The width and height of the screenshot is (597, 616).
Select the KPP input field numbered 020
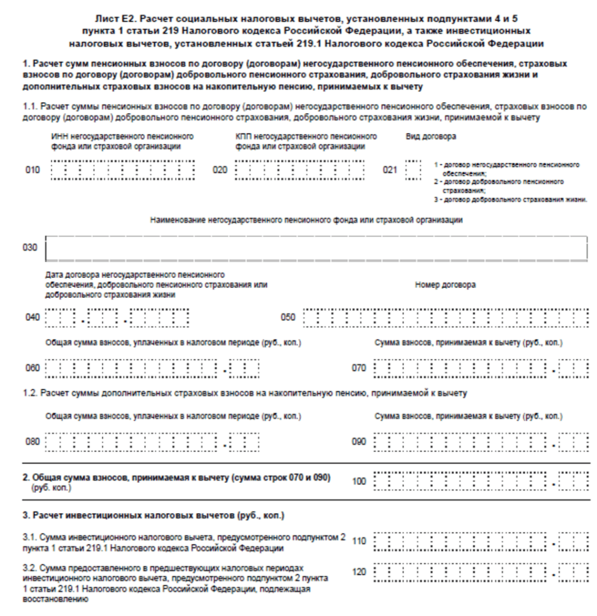click(x=299, y=171)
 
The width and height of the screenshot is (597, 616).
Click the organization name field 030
click(x=317, y=248)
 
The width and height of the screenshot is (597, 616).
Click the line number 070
click(x=359, y=368)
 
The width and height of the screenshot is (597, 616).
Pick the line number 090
click(x=359, y=442)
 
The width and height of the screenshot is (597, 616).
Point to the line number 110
click(x=359, y=540)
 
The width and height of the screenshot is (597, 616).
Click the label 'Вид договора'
click(x=432, y=137)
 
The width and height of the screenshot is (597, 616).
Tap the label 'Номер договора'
click(x=445, y=285)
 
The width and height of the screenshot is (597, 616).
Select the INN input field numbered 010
click(x=123, y=171)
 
